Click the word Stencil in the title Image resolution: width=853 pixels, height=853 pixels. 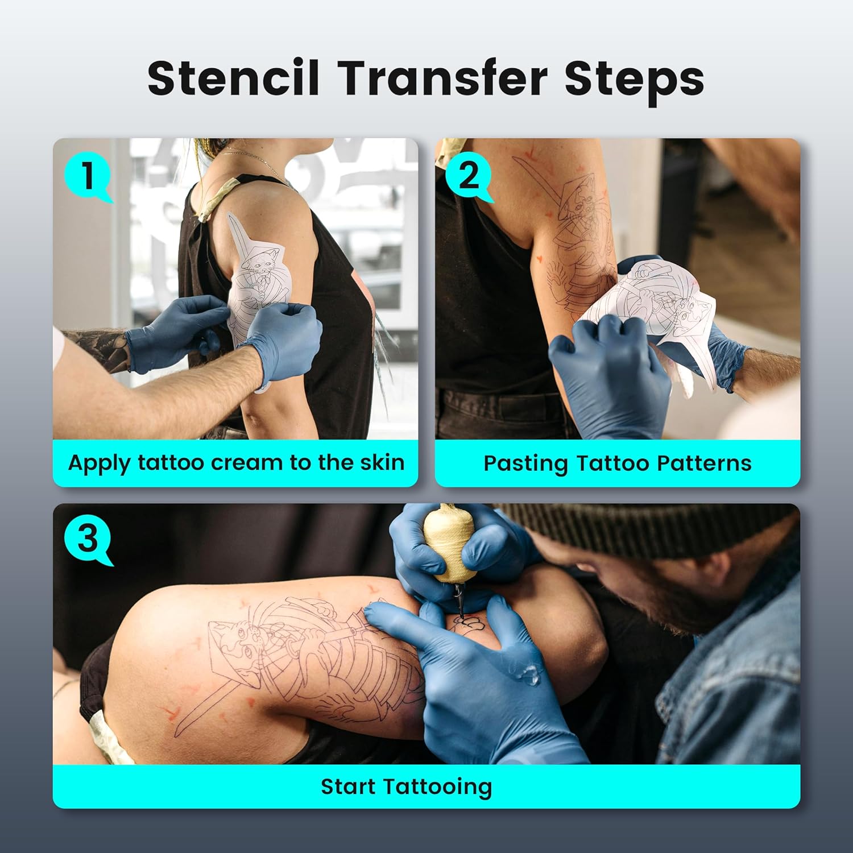[233, 78]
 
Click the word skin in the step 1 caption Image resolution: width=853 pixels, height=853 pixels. [382, 463]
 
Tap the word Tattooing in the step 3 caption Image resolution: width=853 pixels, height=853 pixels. [437, 787]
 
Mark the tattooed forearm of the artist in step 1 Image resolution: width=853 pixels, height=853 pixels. [97, 347]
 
